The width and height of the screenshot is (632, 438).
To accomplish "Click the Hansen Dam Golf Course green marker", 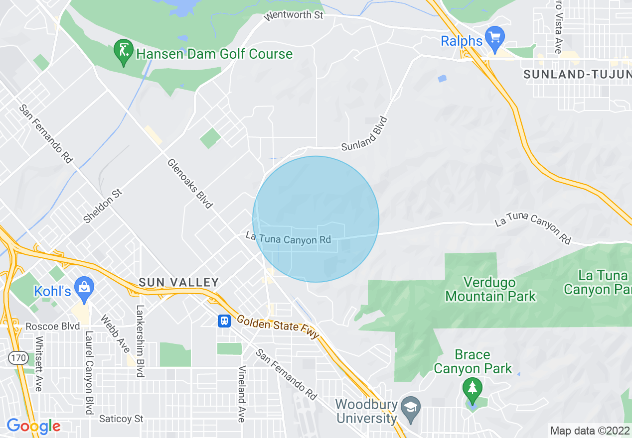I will (123, 51).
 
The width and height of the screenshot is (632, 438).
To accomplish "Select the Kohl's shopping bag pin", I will (84, 289).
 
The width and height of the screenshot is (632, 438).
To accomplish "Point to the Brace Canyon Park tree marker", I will (472, 389).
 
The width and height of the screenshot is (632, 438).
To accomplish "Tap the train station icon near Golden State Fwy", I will (224, 321).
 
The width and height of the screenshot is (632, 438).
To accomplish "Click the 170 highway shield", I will (17, 357).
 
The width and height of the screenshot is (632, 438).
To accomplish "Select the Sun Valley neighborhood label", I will (179, 282).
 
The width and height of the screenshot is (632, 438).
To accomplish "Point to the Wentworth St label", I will (294, 15).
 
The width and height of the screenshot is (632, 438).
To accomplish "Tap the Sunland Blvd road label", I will (364, 134).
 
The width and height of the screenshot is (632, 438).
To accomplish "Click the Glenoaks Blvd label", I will (190, 183).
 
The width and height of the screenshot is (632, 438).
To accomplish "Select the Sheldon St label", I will (102, 205).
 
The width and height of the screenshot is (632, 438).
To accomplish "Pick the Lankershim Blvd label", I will (140, 341).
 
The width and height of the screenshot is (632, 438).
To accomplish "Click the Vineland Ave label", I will (242, 394).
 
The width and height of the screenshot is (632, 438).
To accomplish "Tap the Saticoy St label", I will (122, 419).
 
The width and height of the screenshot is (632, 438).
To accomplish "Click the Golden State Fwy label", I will (277, 328).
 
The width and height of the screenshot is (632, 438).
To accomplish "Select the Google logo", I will (33, 426).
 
